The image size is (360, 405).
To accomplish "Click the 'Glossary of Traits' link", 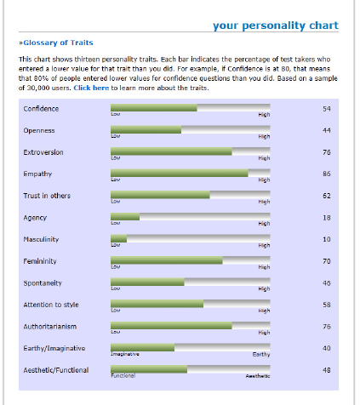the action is point(58,42).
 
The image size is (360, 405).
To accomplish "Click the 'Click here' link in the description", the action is point(91,88).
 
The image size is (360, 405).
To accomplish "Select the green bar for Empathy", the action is point(179,173).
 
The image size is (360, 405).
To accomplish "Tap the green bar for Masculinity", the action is point(118,238).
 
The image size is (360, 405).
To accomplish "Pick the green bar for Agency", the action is point(125,216).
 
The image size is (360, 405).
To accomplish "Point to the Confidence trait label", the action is point(41,108).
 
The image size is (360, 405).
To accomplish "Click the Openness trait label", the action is point(39,130).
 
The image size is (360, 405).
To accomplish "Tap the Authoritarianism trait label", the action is point(50,326).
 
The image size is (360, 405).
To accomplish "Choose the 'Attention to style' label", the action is point(50,305).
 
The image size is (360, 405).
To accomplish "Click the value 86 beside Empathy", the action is point(326,174).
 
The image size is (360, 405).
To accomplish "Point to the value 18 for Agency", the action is point(326,217).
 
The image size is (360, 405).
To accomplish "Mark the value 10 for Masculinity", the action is point(326,239).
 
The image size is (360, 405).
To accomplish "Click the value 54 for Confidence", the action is point(326,108).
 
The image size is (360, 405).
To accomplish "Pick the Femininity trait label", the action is point(40,260).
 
